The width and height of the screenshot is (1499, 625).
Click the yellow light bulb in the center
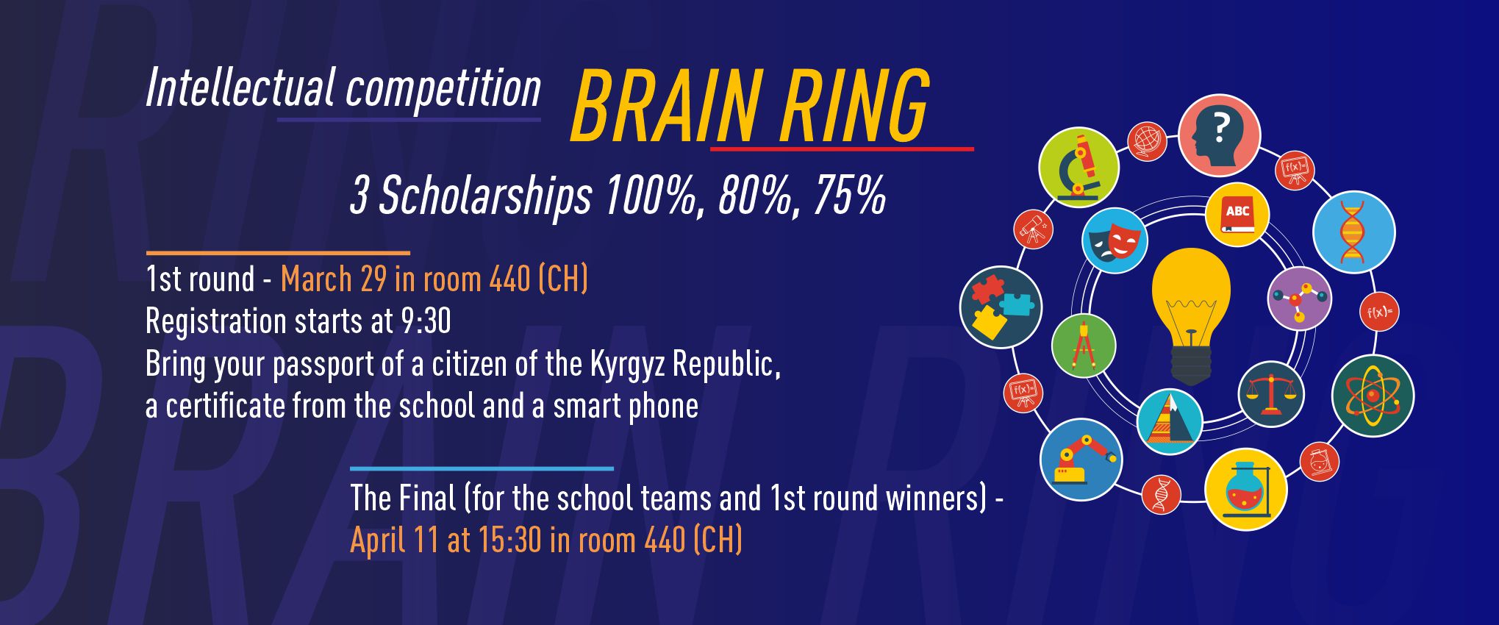point(1190,309)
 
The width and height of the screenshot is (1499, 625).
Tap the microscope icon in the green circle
point(1078,167)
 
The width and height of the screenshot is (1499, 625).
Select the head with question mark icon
point(1219,135)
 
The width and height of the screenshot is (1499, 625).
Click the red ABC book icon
point(1237,215)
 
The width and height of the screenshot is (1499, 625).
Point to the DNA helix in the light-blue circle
point(1353,232)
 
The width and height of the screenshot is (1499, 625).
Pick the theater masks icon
point(1115,240)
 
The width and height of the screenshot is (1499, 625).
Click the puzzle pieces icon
point(1001,307)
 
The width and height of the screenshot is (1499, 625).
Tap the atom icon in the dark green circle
point(1372,396)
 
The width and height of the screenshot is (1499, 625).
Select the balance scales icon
point(1271,394)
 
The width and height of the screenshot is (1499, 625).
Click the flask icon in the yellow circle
point(1245,489)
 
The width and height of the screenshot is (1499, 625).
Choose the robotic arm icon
point(1081,460)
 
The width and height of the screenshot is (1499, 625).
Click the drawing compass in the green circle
point(1083,345)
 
